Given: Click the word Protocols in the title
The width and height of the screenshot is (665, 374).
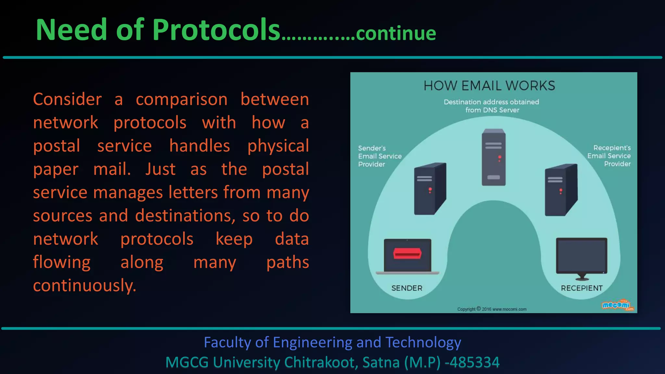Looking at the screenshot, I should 216,30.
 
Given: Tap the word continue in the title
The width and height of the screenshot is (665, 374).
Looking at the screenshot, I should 396,33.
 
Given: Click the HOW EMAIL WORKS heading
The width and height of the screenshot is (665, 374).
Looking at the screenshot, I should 489,86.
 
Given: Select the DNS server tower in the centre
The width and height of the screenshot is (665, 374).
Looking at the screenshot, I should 494,157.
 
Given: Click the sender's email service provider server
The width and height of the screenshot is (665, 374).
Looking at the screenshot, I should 430,189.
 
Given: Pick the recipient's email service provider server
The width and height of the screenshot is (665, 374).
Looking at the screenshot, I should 561,190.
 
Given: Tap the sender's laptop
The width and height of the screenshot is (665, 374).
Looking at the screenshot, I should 408,256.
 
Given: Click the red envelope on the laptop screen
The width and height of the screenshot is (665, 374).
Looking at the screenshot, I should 408,253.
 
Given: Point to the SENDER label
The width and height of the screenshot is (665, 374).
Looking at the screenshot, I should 407,288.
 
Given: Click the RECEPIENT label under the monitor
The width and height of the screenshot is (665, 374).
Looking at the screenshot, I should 582,288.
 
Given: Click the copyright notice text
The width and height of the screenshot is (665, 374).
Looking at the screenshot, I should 492,309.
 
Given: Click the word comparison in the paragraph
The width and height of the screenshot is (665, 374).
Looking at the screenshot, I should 182,99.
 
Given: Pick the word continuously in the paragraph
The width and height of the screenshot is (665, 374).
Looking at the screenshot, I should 84,286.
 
